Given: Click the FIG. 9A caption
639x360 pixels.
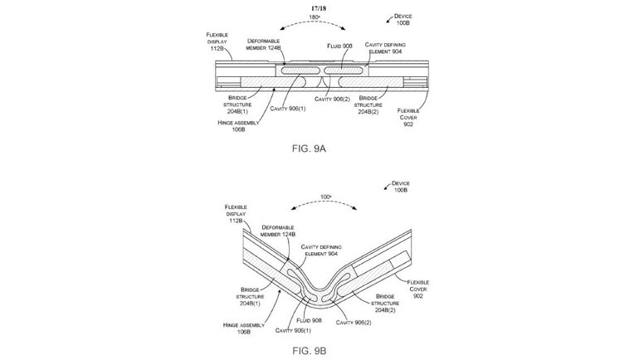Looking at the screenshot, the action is point(309,148).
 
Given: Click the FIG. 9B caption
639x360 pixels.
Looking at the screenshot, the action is point(309,351).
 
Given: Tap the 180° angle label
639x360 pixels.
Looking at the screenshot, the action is point(315,17).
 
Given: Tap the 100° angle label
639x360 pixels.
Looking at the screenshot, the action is point(325,197).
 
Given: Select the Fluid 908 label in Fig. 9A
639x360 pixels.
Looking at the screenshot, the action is point(339,46).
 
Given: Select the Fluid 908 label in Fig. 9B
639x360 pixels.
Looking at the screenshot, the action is point(310,320).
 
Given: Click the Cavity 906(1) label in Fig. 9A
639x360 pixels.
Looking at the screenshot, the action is point(288,109).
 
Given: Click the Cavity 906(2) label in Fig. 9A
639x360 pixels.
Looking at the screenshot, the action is point(332,100).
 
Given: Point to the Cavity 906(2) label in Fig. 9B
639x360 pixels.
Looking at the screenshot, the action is point(354,323).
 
